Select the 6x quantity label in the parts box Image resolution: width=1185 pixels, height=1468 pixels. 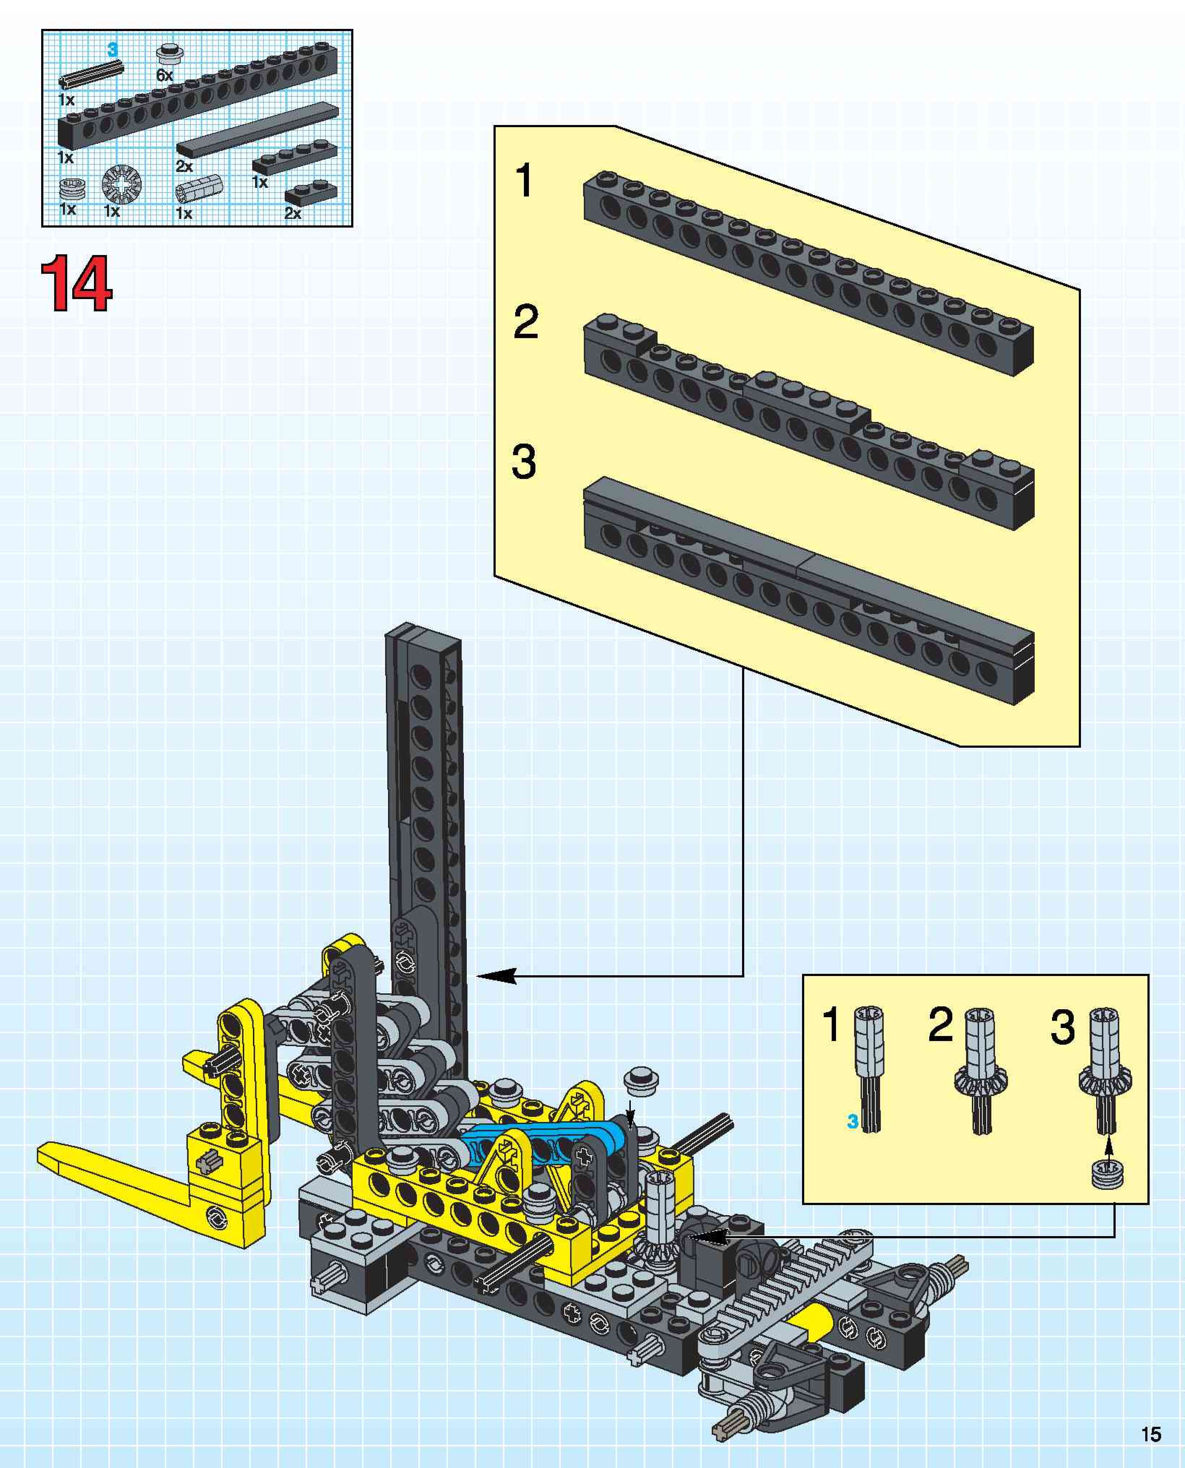tap(164, 75)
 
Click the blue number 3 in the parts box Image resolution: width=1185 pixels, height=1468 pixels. tap(113, 50)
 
